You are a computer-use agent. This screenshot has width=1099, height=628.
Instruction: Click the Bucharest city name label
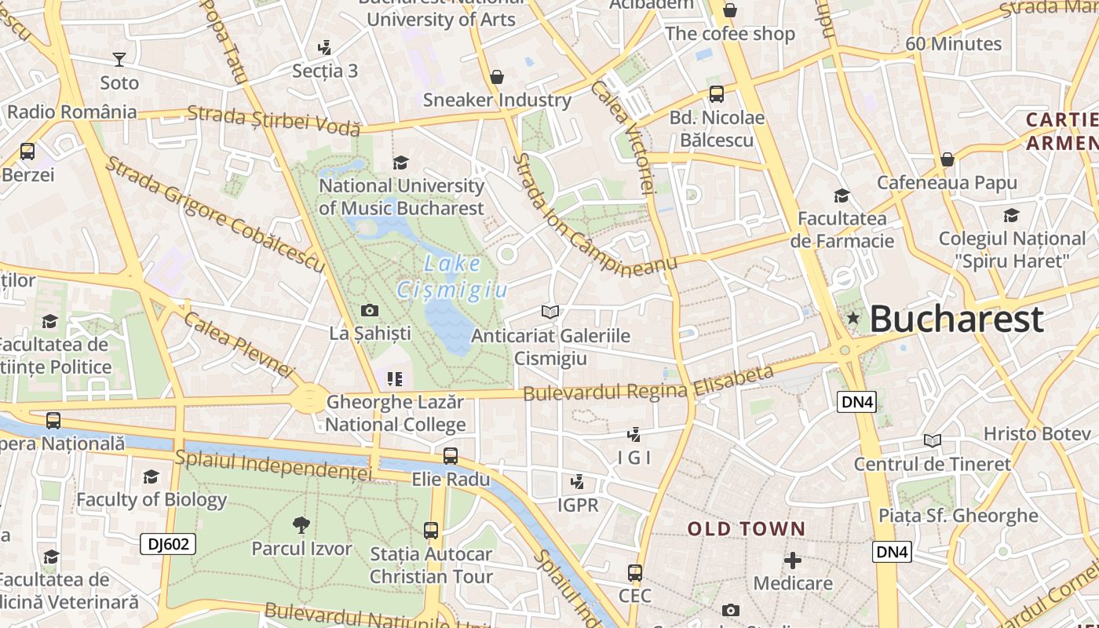coord(956,319)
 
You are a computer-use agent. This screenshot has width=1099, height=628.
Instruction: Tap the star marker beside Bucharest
coord(853,318)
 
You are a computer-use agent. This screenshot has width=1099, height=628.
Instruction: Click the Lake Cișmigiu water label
coord(452,276)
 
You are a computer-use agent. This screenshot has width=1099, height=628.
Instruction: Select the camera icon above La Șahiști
coord(369,311)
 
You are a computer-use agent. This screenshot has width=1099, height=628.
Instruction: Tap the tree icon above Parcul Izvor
coord(301,525)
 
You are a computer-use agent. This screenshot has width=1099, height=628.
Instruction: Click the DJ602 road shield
coord(167,544)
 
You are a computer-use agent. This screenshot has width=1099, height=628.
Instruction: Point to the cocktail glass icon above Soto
coord(119,60)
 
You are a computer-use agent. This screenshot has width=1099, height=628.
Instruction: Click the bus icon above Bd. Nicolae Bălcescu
coord(716,94)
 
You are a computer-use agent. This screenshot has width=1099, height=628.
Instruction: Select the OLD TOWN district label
coord(747,529)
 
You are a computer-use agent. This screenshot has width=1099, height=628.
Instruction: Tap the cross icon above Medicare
coord(793,560)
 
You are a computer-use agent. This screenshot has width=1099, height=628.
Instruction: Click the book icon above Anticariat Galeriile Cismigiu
coord(550,312)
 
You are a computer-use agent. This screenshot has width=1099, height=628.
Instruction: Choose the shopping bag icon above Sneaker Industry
coord(496,77)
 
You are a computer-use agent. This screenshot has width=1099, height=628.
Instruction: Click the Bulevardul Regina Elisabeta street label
coord(648,383)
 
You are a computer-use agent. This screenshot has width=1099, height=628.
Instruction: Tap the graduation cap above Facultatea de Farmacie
coord(842,195)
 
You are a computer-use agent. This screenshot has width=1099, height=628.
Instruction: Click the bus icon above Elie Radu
coord(450,456)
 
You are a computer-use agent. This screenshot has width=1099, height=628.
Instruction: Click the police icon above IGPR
coord(577,481)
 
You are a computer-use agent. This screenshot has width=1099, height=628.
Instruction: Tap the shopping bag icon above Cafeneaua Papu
coord(947,159)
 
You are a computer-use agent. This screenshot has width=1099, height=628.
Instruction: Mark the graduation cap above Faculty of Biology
coord(151,476)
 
